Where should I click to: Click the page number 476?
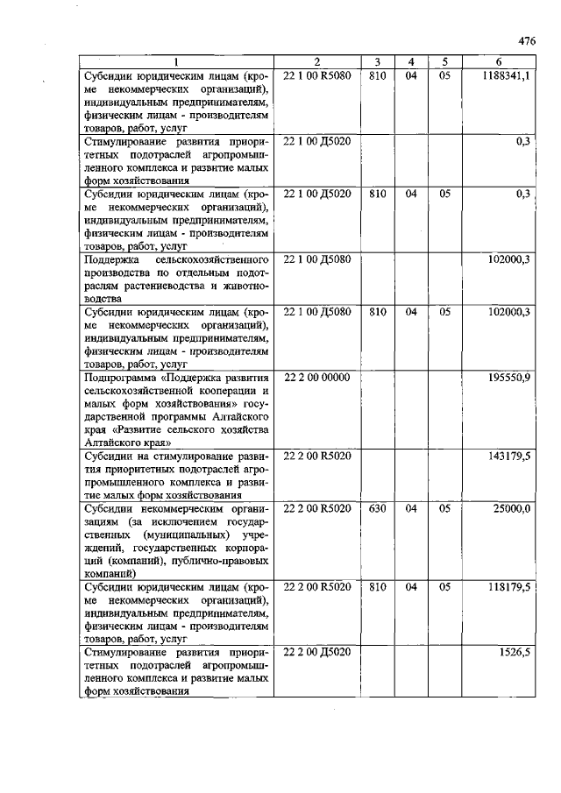pyautogui.click(x=526, y=40)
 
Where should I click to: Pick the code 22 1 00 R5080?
pyautogui.click(x=316, y=76)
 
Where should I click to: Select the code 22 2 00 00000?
pyautogui.click(x=316, y=377)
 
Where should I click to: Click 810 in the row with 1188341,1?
pyautogui.click(x=377, y=76)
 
